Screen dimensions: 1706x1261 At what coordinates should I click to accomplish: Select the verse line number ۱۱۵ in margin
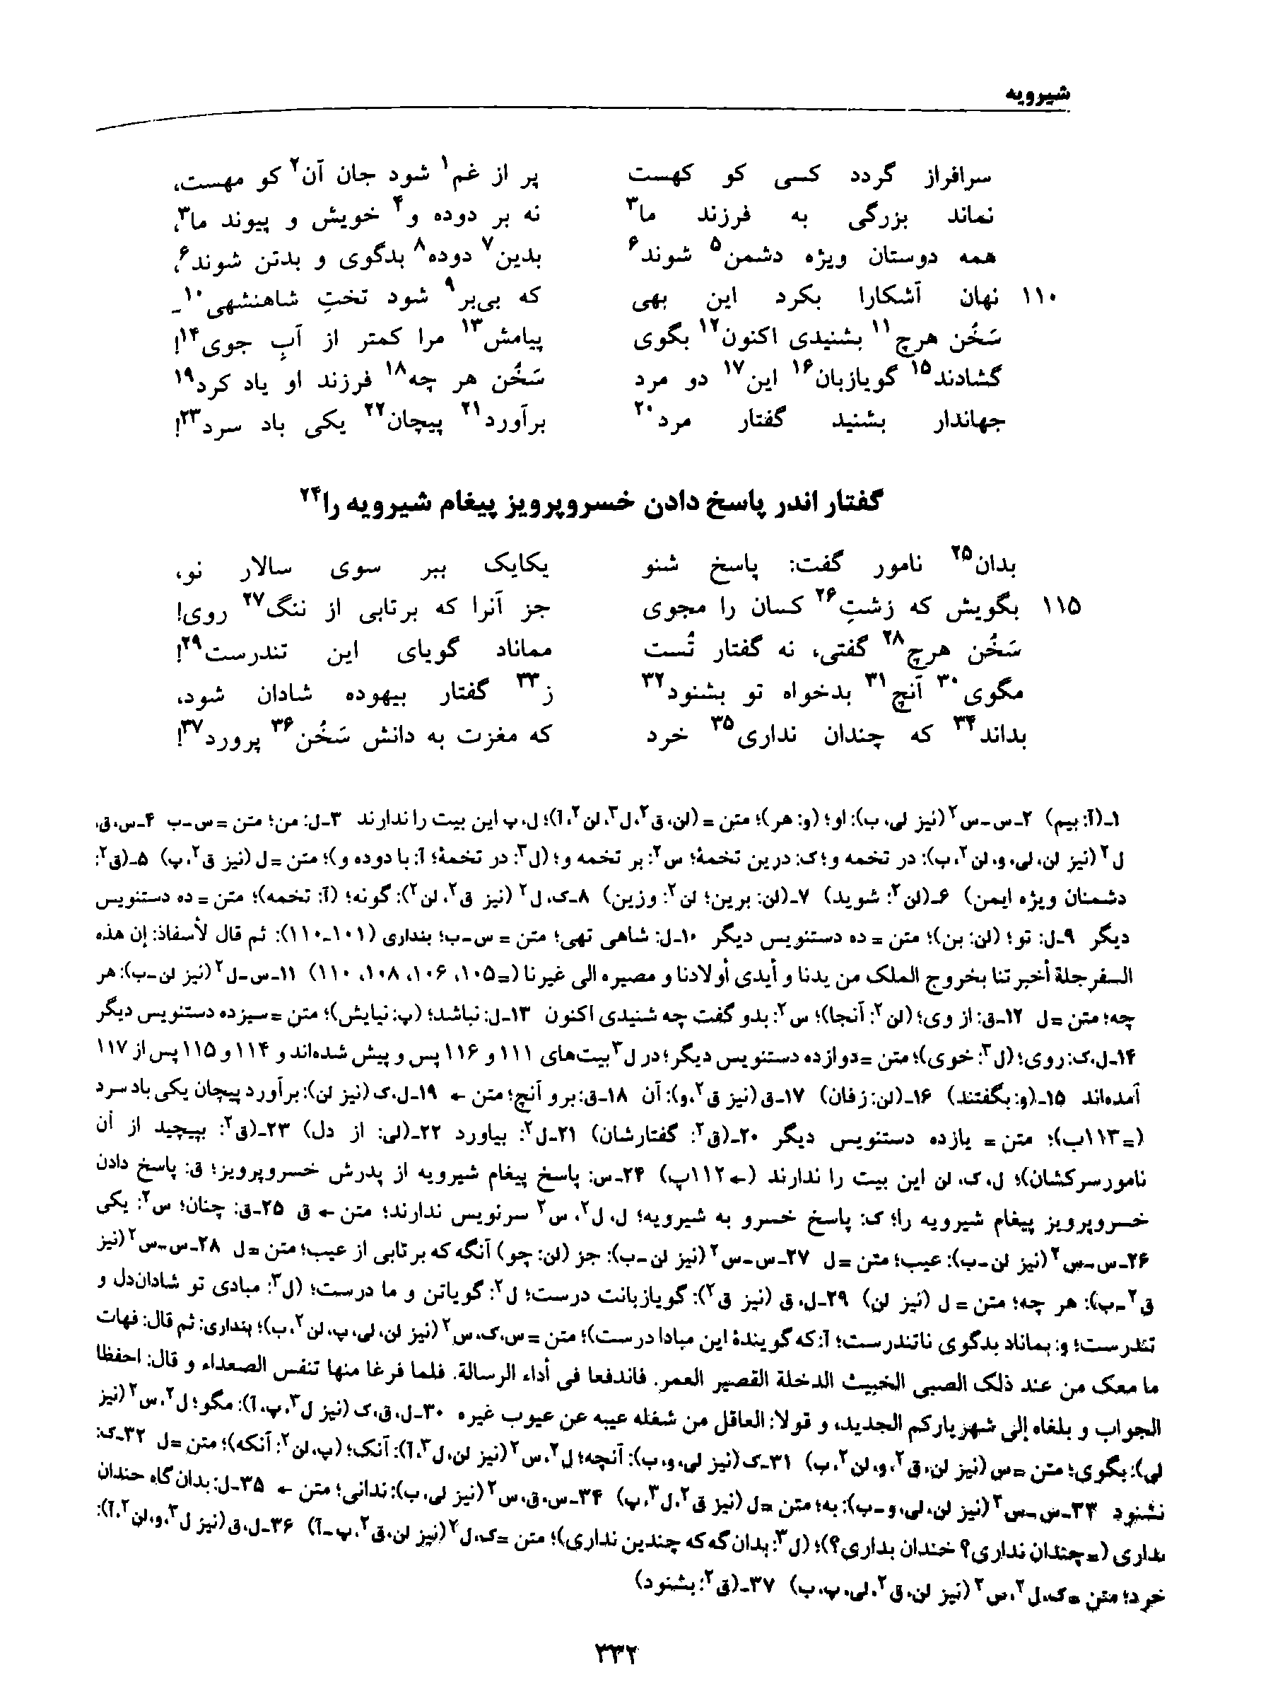[x=1062, y=607]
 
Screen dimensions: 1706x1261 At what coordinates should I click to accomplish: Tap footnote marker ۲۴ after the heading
[x=309, y=494]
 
